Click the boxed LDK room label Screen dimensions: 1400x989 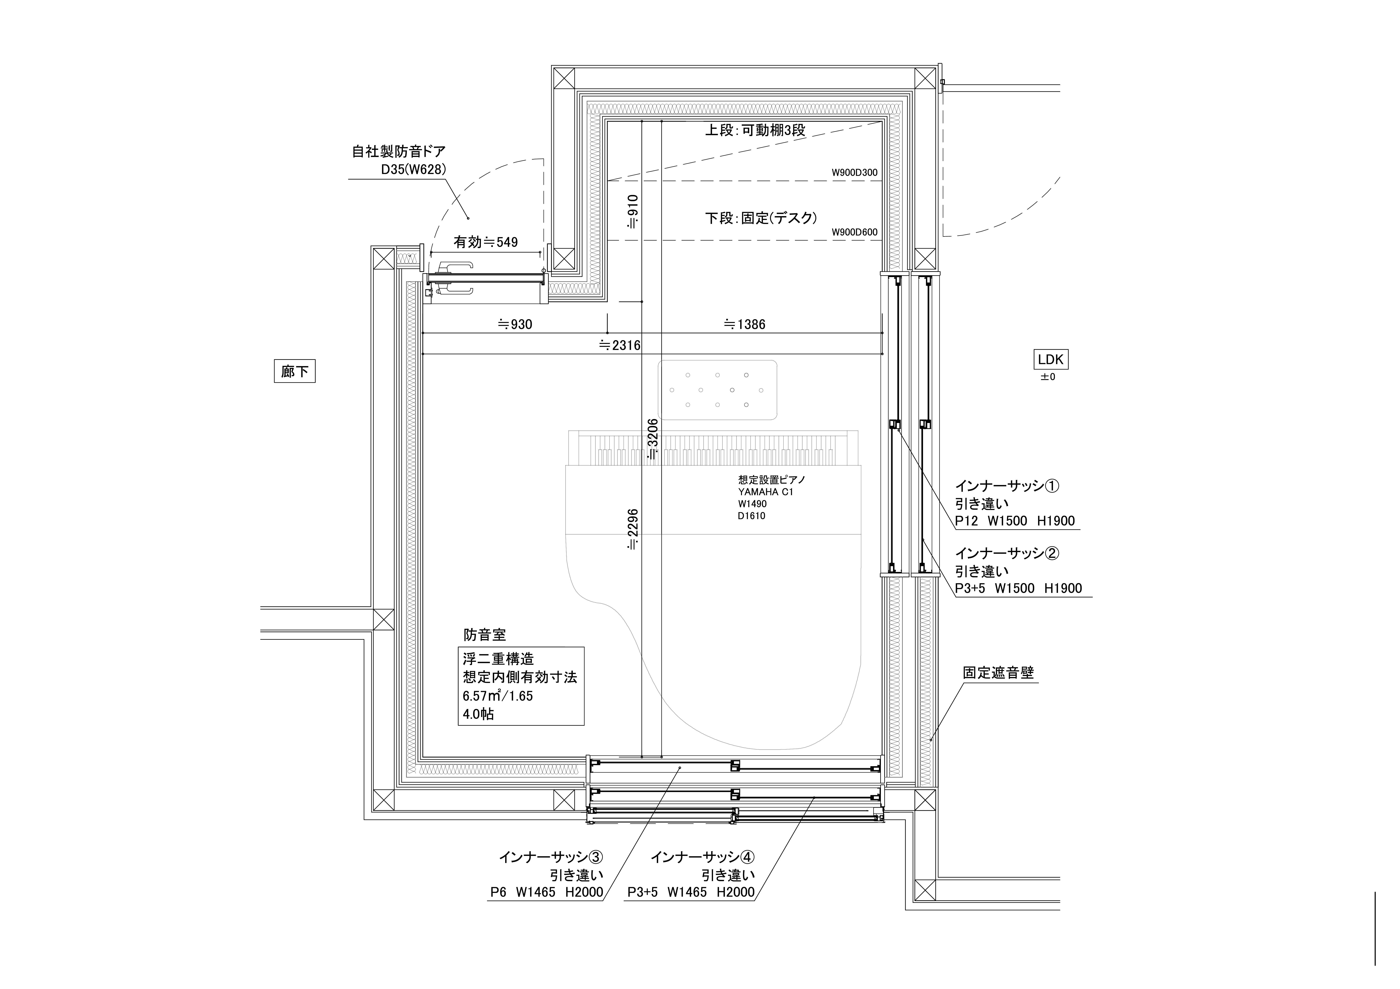[x=1050, y=360]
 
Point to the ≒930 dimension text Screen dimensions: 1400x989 [x=515, y=324]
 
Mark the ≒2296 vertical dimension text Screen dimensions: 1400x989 [x=633, y=529]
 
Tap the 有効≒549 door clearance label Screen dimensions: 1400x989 [x=485, y=242]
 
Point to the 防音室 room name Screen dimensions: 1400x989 [x=485, y=635]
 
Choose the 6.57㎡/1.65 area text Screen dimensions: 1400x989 [x=498, y=696]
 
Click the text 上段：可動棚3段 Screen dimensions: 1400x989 [x=756, y=130]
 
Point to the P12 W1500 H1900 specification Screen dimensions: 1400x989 [x=1015, y=521]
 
